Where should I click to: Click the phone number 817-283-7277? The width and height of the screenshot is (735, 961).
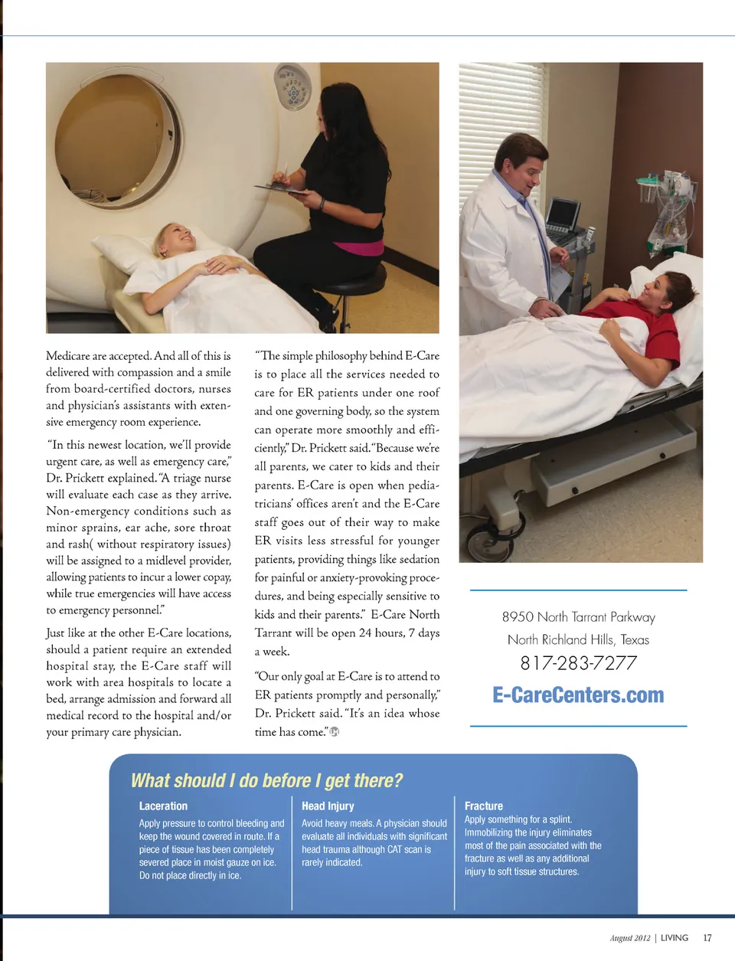pyautogui.click(x=578, y=663)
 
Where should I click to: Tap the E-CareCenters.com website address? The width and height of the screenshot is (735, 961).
pyautogui.click(x=578, y=695)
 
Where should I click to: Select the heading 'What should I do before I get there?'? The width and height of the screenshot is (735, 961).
pyautogui.click(x=266, y=780)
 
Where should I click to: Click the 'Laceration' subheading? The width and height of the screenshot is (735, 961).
pyautogui.click(x=163, y=806)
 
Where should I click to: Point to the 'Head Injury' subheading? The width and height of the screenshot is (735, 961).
pyautogui.click(x=328, y=806)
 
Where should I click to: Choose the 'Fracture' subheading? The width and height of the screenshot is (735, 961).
pyautogui.click(x=483, y=806)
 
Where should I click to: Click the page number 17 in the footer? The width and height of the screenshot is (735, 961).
pyautogui.click(x=707, y=938)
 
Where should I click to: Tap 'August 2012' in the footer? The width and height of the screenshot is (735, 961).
pyautogui.click(x=629, y=938)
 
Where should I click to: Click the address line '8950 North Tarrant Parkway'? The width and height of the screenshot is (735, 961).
pyautogui.click(x=578, y=617)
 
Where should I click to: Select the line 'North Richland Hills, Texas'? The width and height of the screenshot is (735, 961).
pyautogui.click(x=578, y=639)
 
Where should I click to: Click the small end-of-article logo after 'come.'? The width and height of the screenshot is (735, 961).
pyautogui.click(x=334, y=731)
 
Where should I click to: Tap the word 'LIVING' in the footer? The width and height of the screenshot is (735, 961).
pyautogui.click(x=674, y=938)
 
